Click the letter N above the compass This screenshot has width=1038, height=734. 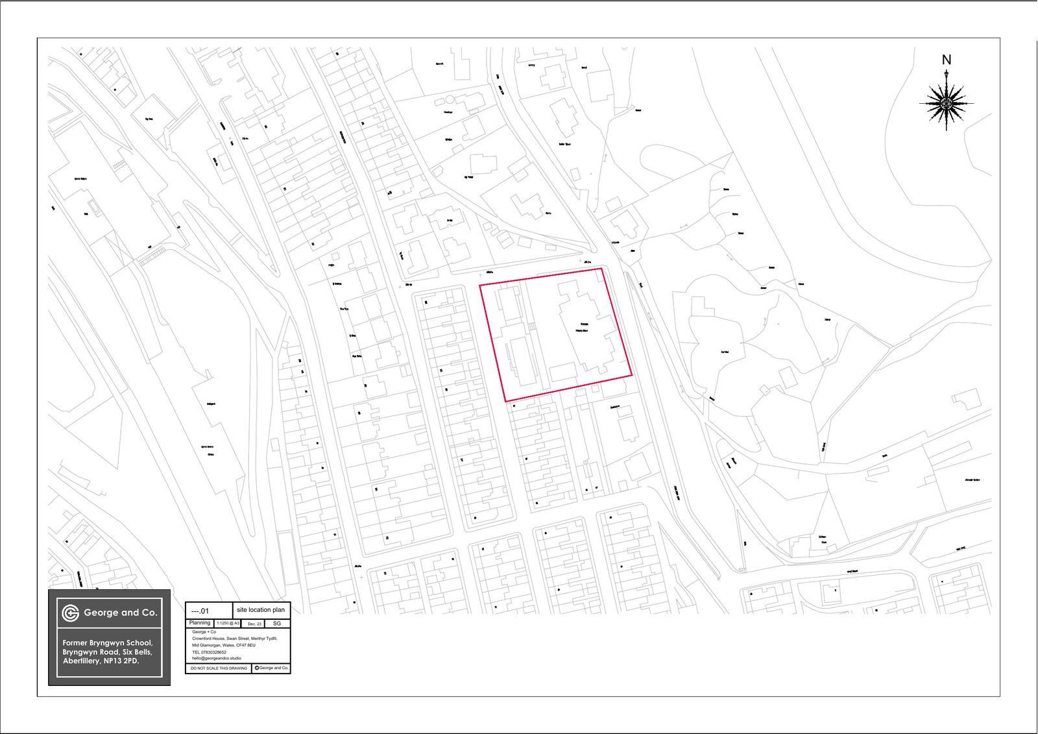click(x=947, y=60)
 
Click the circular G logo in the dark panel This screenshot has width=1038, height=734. click(x=70, y=613)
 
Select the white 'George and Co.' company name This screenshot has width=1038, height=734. click(x=121, y=613)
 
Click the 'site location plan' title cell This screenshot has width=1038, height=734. click(x=261, y=610)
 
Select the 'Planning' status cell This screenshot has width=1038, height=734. click(x=200, y=623)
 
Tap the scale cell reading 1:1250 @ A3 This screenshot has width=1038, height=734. click(x=228, y=623)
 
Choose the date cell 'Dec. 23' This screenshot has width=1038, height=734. click(x=255, y=623)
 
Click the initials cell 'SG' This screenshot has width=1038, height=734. click(x=277, y=623)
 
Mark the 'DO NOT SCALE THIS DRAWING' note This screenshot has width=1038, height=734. click(x=219, y=668)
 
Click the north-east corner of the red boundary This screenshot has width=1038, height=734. click(x=602, y=268)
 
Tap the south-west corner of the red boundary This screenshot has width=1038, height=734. click(x=505, y=401)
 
